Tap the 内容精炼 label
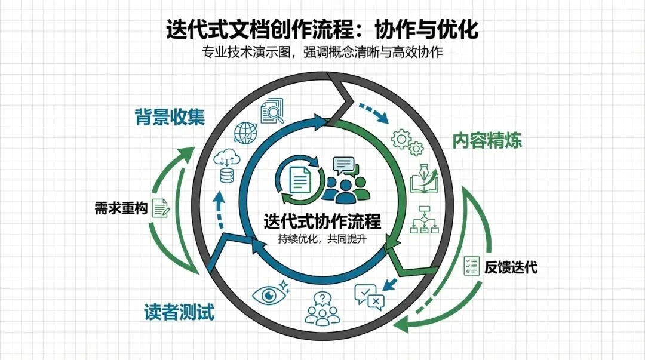pos(487,140)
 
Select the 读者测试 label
pos(179,312)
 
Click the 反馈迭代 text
pos(511,267)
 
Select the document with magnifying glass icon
pos(273,109)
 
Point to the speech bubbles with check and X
pos(369,296)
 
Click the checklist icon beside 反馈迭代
pos(472,267)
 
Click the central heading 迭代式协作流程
pos(322,221)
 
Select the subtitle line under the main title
pos(322,53)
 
